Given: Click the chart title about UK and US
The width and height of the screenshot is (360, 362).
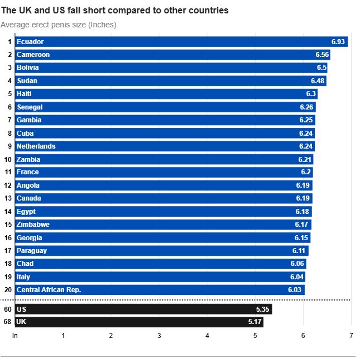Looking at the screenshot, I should point(115,11).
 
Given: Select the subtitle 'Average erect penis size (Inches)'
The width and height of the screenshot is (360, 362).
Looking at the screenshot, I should point(59,25).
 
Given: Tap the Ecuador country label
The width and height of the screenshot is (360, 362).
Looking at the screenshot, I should point(30,42).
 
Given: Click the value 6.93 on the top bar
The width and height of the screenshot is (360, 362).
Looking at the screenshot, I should point(339,42).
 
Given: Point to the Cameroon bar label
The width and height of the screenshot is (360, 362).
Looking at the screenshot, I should point(33,55).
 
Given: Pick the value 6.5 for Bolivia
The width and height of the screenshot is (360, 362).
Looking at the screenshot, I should point(321,68).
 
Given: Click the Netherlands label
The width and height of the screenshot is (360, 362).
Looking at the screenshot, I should point(36,146).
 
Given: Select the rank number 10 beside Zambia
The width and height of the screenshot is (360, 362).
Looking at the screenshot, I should point(8,159).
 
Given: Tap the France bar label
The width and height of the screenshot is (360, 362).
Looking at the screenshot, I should point(27,172).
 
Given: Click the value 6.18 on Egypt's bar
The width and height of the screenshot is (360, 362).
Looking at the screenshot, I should point(302,212).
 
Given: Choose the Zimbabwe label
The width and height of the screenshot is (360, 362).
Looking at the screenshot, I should point(33,225).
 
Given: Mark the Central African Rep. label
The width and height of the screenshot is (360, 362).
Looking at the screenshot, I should point(49,290).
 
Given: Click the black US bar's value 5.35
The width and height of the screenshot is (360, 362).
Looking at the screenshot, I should point(263,309).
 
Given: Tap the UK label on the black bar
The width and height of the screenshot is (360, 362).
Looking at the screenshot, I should point(21,322).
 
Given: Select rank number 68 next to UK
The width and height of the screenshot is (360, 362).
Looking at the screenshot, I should point(8,322).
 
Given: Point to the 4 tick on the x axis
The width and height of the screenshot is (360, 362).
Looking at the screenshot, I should point(207,335).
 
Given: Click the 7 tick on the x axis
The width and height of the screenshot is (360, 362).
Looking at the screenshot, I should point(351,335).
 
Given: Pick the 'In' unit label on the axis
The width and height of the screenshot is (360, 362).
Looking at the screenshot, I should point(15,335).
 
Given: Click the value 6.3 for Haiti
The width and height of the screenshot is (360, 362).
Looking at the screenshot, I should point(311,94).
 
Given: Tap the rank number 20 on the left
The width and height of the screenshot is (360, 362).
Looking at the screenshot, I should point(8,290).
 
